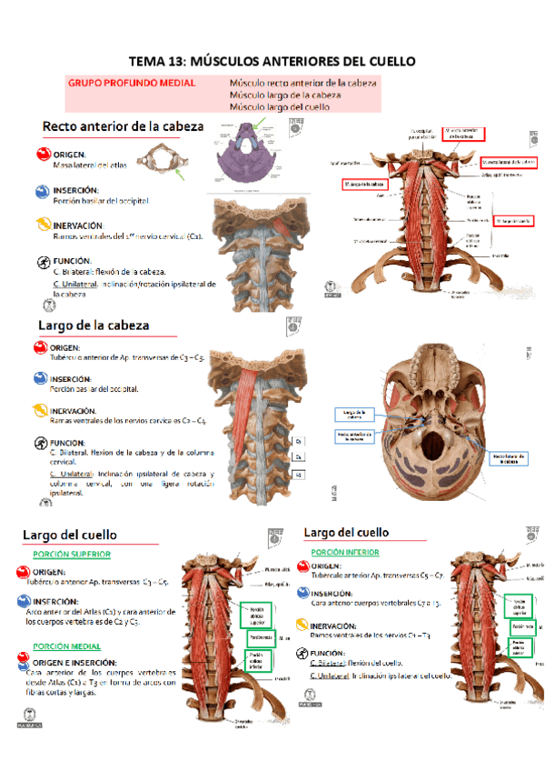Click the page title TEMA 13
click(x=272, y=62)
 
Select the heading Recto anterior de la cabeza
click(x=123, y=126)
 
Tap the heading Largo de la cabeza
click(x=94, y=325)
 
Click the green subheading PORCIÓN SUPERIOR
click(x=72, y=554)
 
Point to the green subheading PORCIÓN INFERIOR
click(x=345, y=552)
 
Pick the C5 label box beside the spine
click(x=297, y=475)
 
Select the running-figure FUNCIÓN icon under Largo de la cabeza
click(x=41, y=444)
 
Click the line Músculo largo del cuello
click(x=280, y=106)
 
